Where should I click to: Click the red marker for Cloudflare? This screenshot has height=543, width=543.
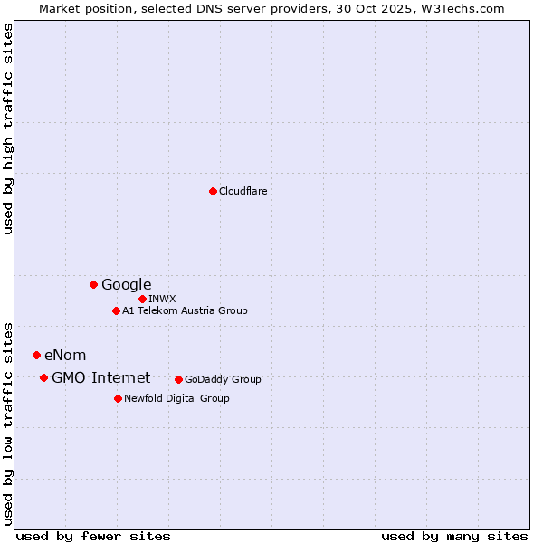coord(213,191)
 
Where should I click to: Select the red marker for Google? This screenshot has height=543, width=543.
coord(93,284)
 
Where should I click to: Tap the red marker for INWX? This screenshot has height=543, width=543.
coord(142,299)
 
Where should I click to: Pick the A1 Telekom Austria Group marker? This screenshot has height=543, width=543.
coord(116,310)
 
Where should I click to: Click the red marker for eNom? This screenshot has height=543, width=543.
coord(36,355)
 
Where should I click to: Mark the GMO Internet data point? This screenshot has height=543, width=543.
coord(43,377)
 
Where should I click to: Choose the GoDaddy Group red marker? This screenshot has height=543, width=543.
coord(178,379)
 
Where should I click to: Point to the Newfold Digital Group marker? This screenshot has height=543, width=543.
coord(118,398)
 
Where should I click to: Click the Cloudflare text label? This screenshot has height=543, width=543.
coord(243,191)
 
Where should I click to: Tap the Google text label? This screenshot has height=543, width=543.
coord(126,284)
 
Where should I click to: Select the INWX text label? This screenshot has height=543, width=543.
coord(162,299)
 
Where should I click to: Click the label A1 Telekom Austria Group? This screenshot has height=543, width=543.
coord(185,310)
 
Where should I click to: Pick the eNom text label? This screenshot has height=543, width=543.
coord(65,355)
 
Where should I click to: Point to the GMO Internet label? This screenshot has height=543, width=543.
coord(100,377)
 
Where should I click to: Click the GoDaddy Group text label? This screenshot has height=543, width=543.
coord(223,379)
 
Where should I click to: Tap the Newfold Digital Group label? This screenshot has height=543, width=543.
coord(176,398)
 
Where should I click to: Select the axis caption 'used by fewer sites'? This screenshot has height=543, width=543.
coord(93,536)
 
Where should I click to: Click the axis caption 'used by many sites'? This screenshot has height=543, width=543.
coord(454,536)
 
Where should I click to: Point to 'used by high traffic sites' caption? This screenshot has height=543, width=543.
coord(8,129)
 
